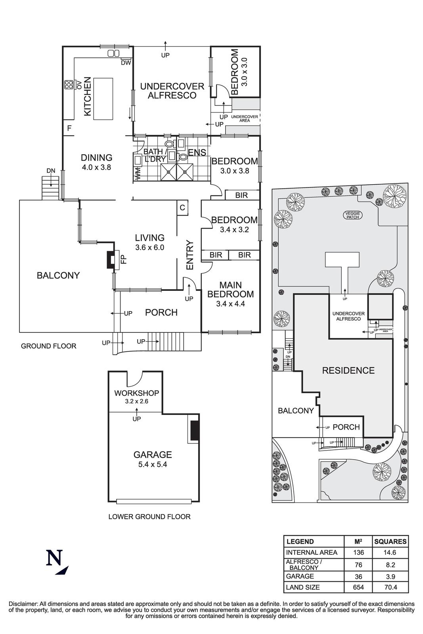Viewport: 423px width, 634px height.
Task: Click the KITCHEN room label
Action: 88,97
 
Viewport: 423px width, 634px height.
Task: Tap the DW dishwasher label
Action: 126,63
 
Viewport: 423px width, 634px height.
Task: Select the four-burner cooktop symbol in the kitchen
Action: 68,84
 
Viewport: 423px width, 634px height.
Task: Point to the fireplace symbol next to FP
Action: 110,260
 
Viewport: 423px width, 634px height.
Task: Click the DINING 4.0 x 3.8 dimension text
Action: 96,168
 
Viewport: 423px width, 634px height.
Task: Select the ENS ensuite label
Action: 197,153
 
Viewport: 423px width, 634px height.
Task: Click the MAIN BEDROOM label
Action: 230,290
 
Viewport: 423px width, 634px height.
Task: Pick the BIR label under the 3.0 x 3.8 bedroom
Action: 241,195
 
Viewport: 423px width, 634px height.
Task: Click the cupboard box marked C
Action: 182,208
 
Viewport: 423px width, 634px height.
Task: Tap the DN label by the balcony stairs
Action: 51,171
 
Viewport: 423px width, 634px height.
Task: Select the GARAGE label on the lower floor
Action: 152,454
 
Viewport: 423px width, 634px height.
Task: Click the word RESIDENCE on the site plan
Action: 348,370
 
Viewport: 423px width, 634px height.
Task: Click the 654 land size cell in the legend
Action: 358,587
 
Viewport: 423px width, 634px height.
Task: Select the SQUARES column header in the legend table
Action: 390,542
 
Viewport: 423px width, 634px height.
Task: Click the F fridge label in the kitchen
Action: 69,128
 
